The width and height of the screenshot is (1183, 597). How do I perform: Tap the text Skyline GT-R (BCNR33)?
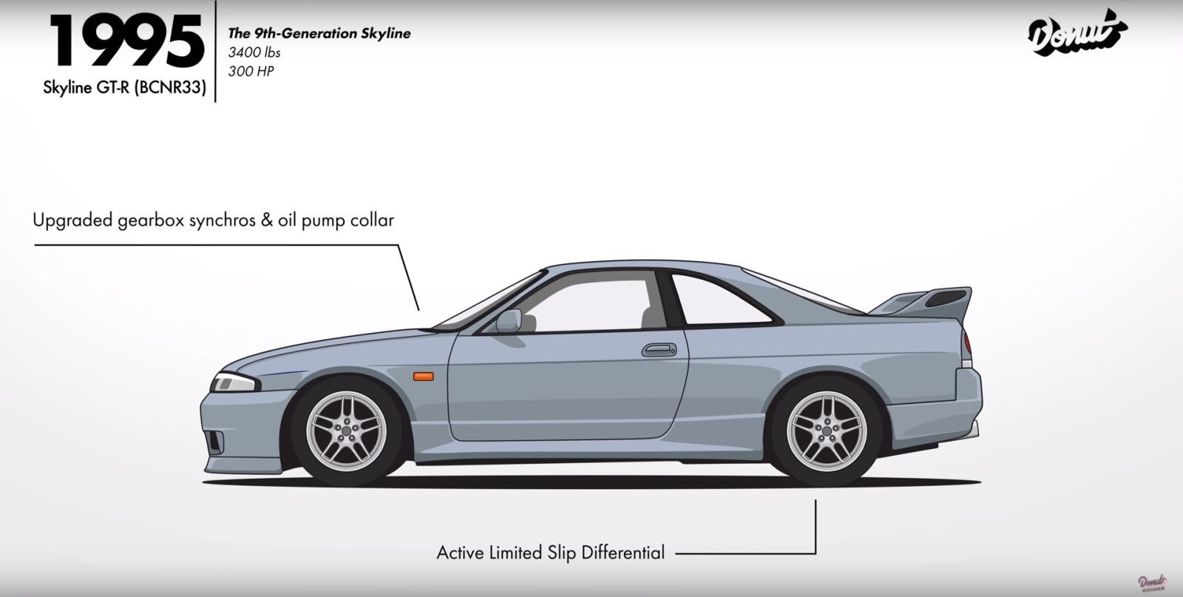(124, 90)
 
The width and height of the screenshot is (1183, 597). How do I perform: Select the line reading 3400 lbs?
(254, 53)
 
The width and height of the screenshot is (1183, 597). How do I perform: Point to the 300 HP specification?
(251, 71)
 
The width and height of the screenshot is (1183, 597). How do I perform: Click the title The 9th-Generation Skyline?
(319, 33)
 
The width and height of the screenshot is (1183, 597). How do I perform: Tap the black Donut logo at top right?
(1077, 33)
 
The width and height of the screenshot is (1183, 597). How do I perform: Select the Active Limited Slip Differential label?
(550, 553)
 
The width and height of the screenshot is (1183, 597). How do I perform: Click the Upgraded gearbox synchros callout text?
(213, 220)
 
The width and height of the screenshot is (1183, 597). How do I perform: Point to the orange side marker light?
(423, 377)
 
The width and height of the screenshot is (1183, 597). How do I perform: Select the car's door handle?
(658, 349)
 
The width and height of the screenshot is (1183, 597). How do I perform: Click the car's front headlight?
(231, 382)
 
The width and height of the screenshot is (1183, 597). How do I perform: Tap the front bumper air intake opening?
(214, 442)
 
